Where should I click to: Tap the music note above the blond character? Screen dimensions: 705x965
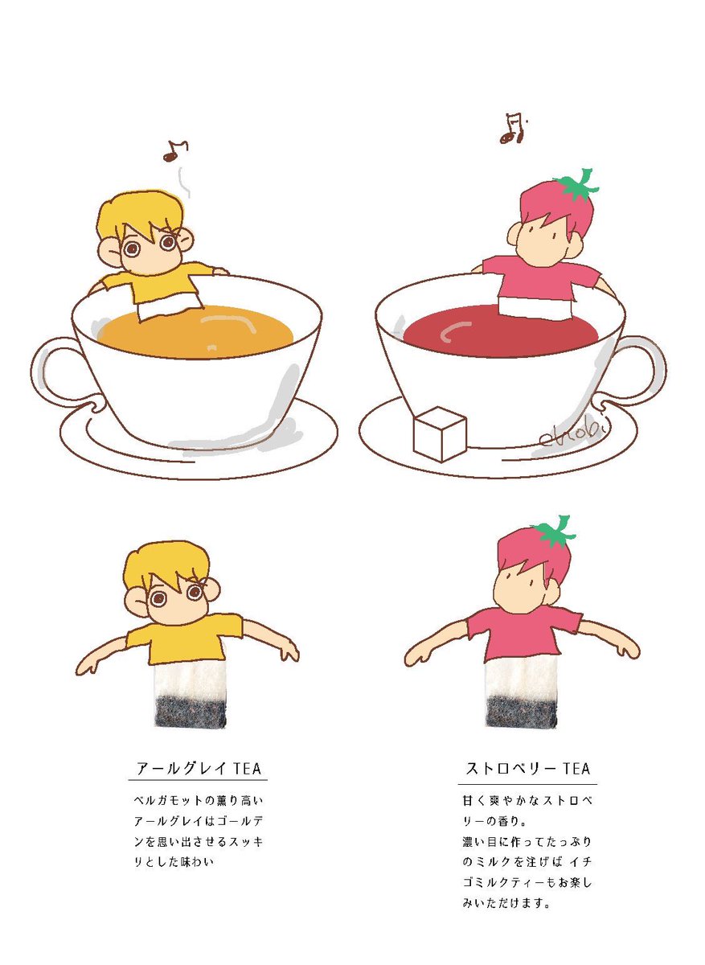pyautogui.click(x=175, y=151)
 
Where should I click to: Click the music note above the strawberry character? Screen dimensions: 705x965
pyautogui.click(x=514, y=129)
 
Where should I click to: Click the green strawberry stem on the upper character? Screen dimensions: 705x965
pyautogui.click(x=578, y=186)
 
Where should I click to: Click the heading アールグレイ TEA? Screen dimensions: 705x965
pyautogui.click(x=199, y=768)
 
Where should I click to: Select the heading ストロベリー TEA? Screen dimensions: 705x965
pyautogui.click(x=527, y=768)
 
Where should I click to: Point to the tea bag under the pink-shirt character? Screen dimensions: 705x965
pyautogui.click(x=521, y=692)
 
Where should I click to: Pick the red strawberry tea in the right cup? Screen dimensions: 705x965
pyautogui.click(x=502, y=334)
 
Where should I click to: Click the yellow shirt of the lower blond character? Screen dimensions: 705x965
pyautogui.click(x=183, y=639)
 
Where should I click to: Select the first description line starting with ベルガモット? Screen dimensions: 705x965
pyautogui.click(x=198, y=801)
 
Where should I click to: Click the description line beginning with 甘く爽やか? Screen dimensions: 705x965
pyautogui.click(x=527, y=801)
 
